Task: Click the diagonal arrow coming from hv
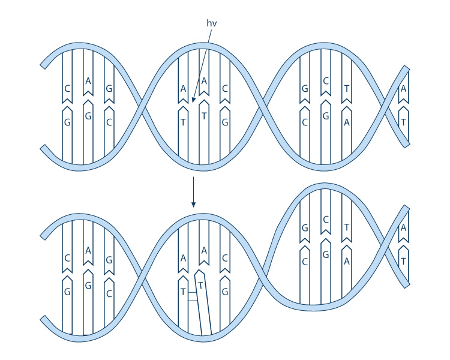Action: pyautogui.click(x=202, y=66)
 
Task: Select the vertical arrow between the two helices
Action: pyautogui.click(x=193, y=192)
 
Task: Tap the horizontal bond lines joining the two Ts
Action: pyautogui.click(x=191, y=296)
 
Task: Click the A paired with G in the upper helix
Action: pyautogui.click(x=88, y=81)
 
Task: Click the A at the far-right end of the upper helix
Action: pyautogui.click(x=403, y=89)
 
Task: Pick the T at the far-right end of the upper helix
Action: pyautogui.click(x=403, y=122)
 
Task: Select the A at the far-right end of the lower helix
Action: pyautogui.click(x=403, y=227)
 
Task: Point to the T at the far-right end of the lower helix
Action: pyautogui.click(x=403, y=261)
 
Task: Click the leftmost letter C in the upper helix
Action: pyautogui.click(x=67, y=89)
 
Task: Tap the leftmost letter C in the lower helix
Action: pyautogui.click(x=67, y=259)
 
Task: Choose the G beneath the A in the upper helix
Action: pyautogui.click(x=88, y=116)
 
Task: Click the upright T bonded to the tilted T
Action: pyautogui.click(x=183, y=292)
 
